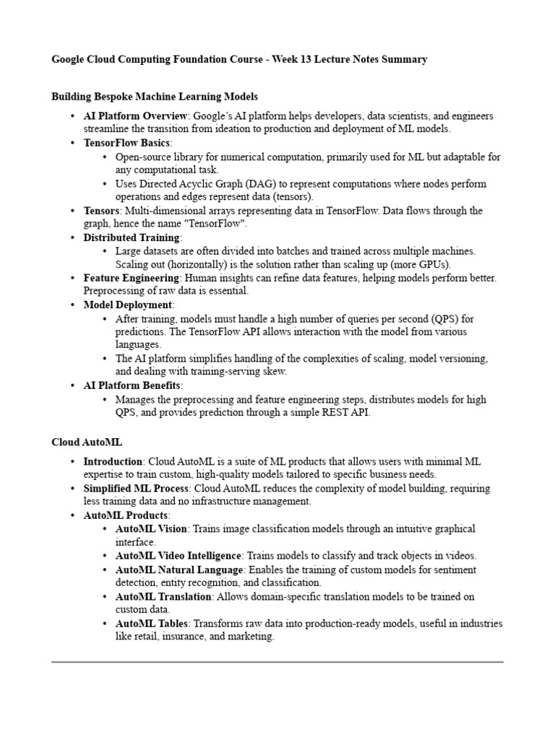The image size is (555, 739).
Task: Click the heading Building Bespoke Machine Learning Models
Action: point(155,96)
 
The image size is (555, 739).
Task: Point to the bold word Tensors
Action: point(101,211)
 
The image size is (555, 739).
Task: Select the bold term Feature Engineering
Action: point(131,278)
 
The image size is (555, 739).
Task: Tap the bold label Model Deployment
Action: point(128,305)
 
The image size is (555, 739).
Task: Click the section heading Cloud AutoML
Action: point(82,441)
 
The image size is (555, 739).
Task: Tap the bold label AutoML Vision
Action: point(151,529)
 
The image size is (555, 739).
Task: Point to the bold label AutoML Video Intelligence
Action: point(178,556)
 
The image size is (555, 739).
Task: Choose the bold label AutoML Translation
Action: point(163,597)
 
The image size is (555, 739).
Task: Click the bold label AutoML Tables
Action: point(150,624)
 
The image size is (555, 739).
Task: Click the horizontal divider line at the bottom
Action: point(277,661)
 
